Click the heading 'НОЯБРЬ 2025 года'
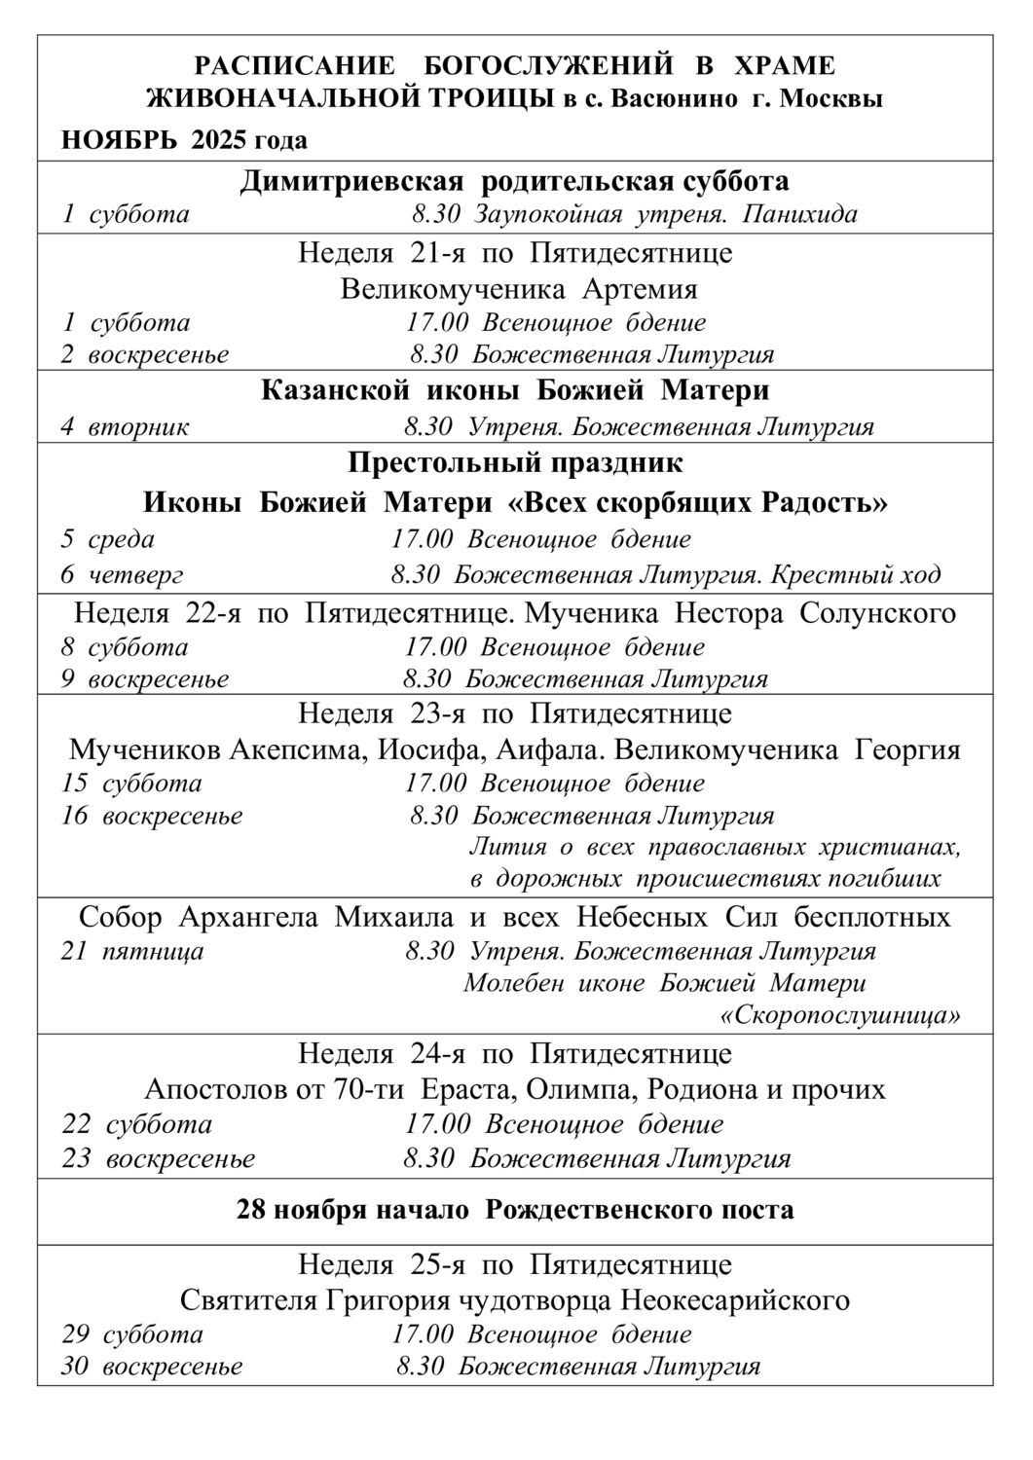click(185, 140)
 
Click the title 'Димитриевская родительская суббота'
click(515, 181)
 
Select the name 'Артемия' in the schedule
click(641, 289)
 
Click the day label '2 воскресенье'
click(145, 354)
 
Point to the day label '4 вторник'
click(126, 426)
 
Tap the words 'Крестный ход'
click(856, 574)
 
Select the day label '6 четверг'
click(122, 574)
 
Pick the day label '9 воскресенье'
click(145, 678)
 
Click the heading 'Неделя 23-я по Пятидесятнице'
click(515, 713)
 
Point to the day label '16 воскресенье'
click(152, 816)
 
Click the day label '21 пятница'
click(132, 950)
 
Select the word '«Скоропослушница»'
click(840, 1016)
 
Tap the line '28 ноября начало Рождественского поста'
click(515, 1210)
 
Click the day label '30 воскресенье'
click(152, 1366)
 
